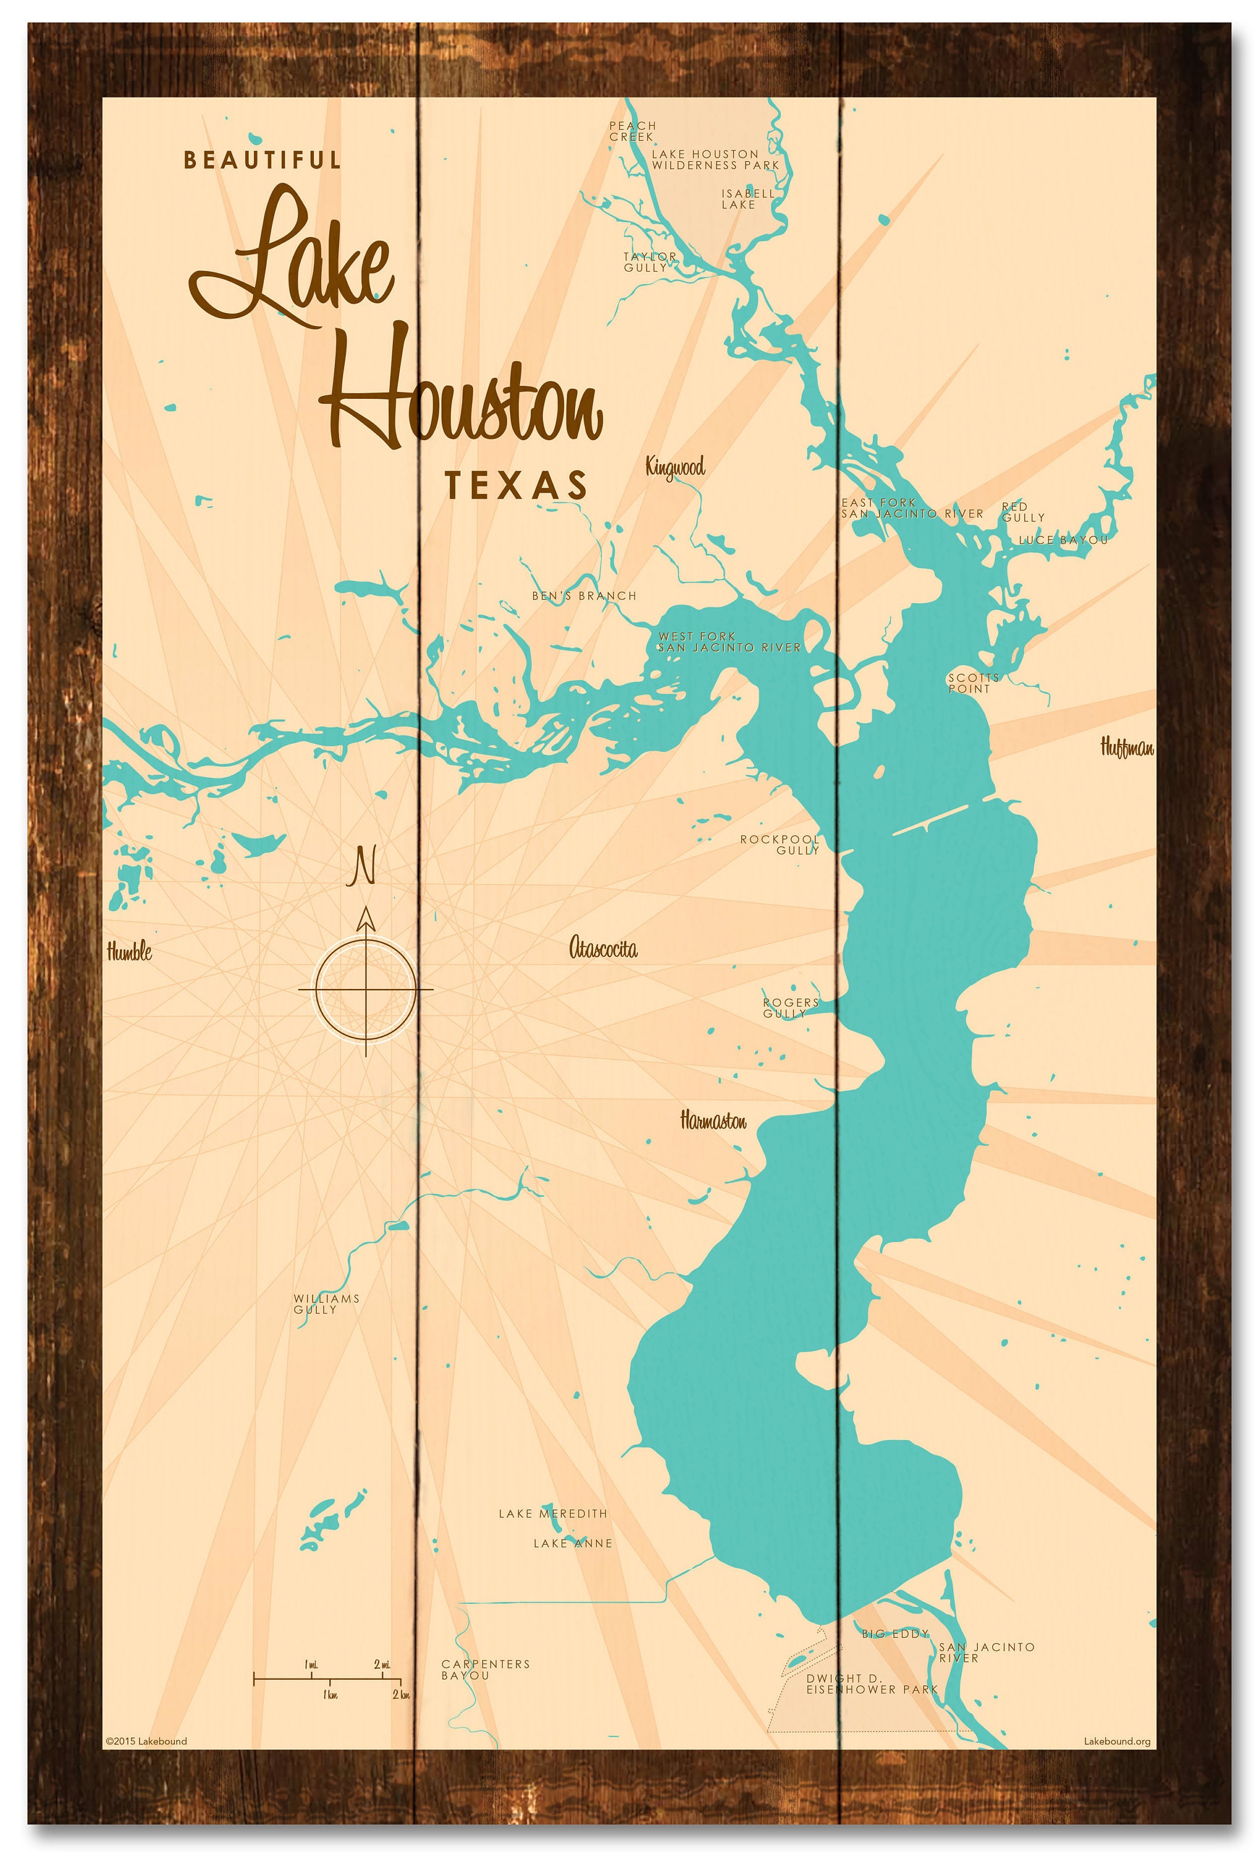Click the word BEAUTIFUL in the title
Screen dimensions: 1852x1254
tap(263, 160)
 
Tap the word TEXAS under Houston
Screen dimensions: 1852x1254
tap(516, 485)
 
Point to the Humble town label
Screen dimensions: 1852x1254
tap(129, 951)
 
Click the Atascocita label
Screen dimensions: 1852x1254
tap(603, 948)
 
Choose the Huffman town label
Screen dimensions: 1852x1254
tap(1127, 748)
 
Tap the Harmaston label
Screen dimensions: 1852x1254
tap(713, 1121)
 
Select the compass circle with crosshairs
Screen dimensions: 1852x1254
tap(366, 990)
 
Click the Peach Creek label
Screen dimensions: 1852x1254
tap(632, 131)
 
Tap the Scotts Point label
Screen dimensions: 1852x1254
tap(972, 683)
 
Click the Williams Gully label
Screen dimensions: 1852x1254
tap(326, 1304)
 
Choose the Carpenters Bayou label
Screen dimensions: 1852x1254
tap(485, 1669)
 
